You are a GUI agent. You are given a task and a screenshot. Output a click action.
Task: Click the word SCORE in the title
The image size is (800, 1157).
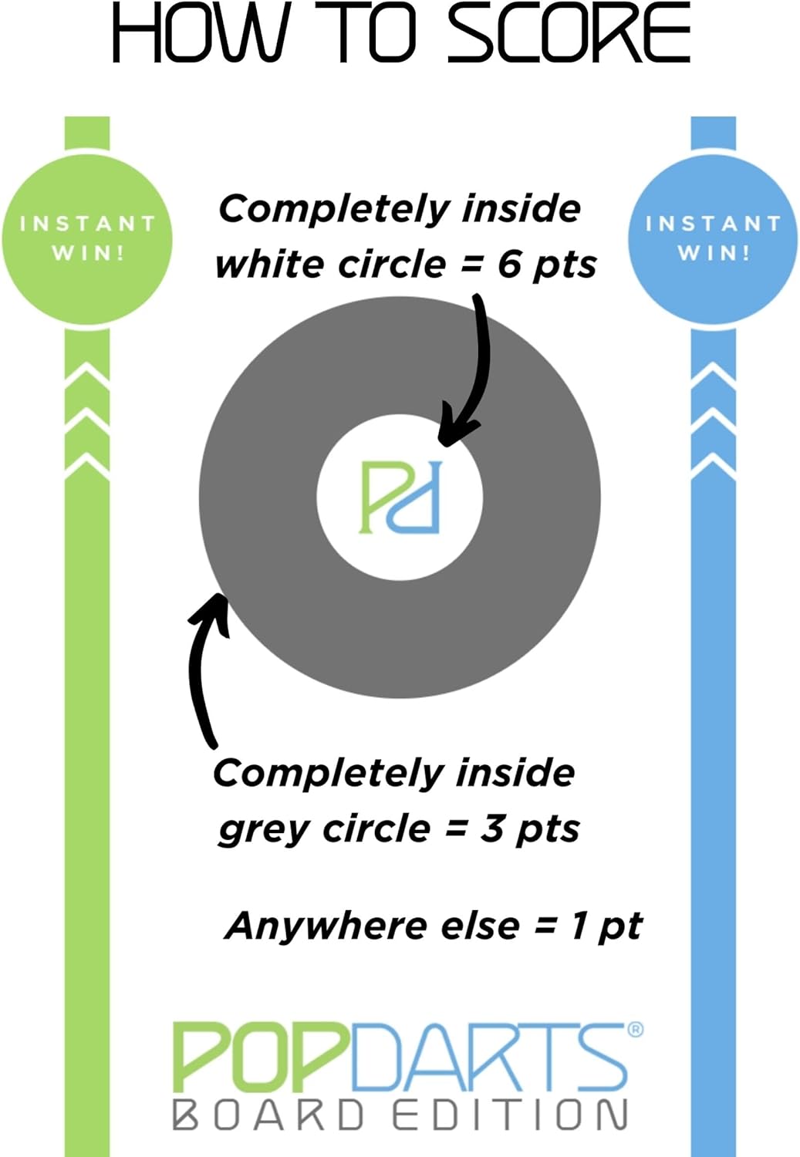569,32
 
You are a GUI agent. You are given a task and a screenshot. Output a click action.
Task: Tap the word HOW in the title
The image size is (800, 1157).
199,32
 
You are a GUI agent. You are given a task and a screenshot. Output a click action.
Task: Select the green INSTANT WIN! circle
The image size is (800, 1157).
86,239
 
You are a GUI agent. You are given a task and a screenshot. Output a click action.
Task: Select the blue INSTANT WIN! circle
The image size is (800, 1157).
714,239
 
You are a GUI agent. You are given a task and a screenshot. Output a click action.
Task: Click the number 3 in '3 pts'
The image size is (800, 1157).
494,828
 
